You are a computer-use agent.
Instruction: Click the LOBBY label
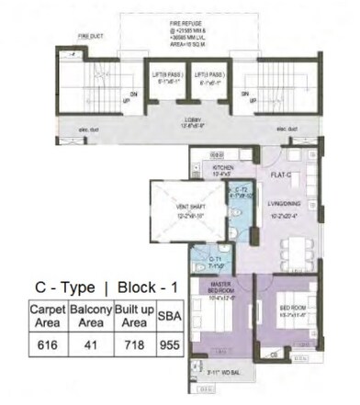(x=178, y=121)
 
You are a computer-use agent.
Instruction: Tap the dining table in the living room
(x=295, y=250)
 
